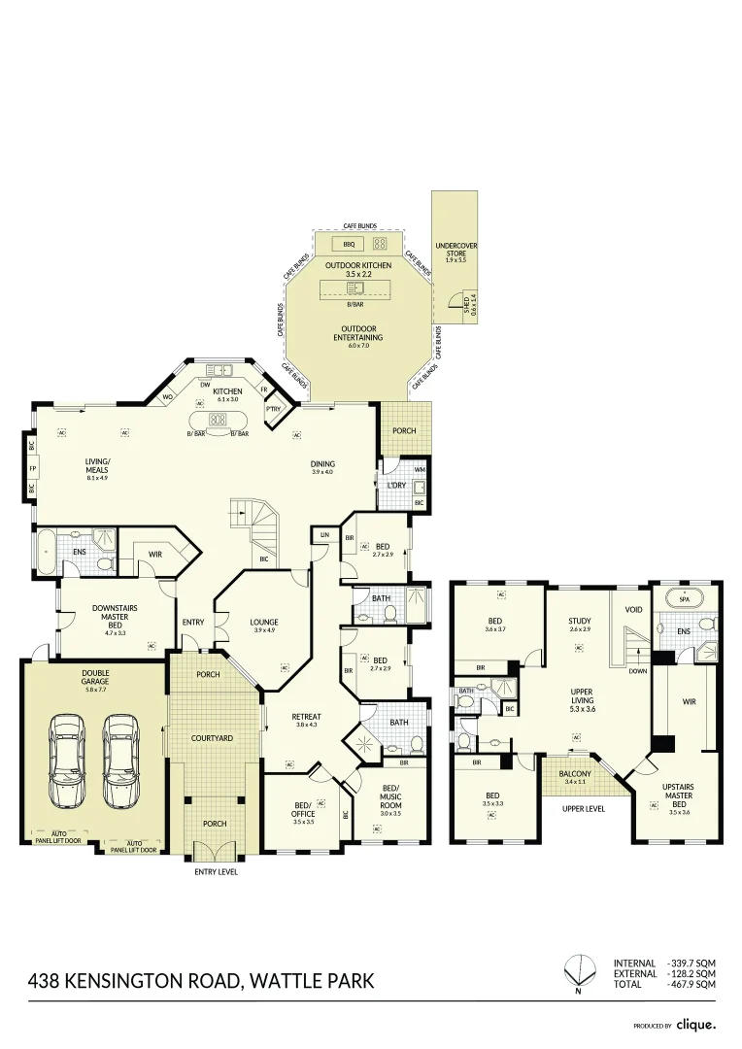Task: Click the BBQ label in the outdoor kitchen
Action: coord(348,244)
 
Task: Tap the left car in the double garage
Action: coord(68,761)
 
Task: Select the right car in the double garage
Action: coord(120,761)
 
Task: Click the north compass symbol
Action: coord(578,968)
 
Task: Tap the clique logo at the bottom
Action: coord(695,1023)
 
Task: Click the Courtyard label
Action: coord(213,738)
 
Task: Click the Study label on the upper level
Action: coord(581,623)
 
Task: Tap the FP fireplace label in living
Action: coord(32,468)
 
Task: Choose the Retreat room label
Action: coord(306,719)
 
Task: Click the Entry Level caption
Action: coord(215,871)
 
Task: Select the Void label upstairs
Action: coord(634,610)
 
